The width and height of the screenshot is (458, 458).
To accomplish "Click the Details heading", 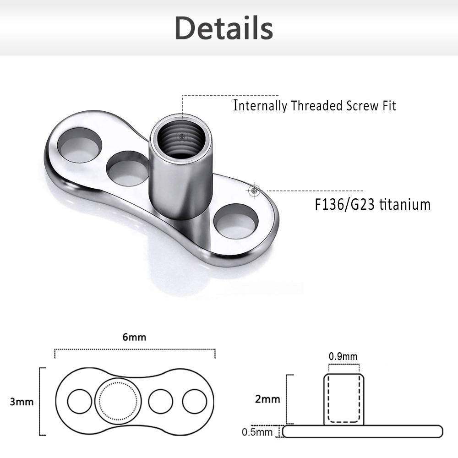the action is (224, 28).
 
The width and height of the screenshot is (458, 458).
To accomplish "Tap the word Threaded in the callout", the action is (316, 106).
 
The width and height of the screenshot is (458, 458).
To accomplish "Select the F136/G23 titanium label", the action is (372, 204).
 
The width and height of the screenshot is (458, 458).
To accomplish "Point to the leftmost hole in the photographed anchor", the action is (79, 146).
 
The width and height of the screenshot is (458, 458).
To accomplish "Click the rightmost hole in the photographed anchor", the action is (236, 221).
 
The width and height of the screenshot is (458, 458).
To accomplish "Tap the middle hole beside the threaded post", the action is (128, 169).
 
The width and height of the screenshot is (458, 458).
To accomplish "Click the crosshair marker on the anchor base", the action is (255, 191).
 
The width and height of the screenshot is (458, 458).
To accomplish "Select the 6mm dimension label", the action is (134, 337).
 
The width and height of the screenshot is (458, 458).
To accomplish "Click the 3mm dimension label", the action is (22, 402).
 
